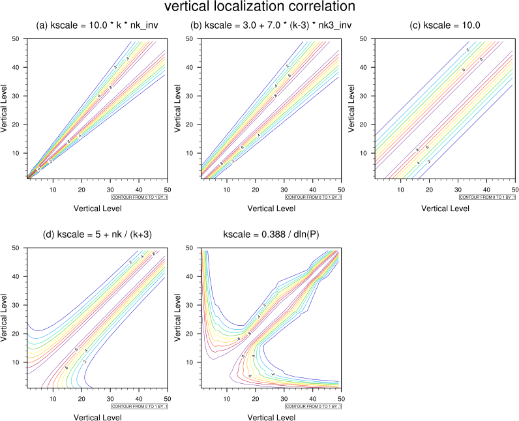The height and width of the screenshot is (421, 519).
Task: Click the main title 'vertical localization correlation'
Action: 259,8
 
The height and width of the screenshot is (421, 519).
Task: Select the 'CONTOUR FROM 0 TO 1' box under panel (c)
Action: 486,197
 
